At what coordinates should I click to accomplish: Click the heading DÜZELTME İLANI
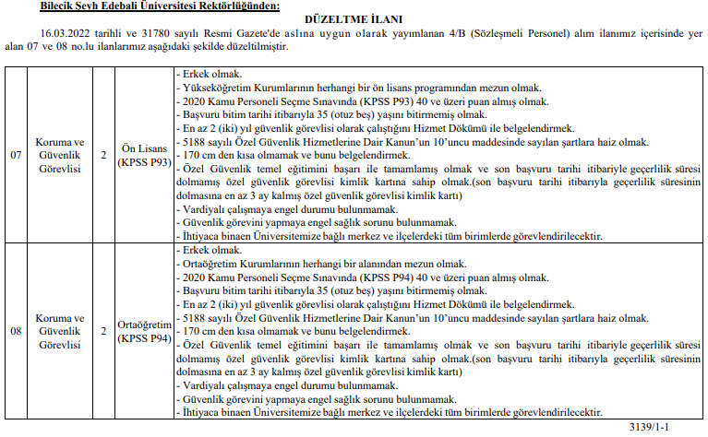[x=354, y=19]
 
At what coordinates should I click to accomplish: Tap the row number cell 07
[x=16, y=154]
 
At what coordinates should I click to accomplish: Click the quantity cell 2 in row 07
[x=103, y=154]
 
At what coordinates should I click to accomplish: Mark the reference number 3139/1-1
[x=674, y=428]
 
